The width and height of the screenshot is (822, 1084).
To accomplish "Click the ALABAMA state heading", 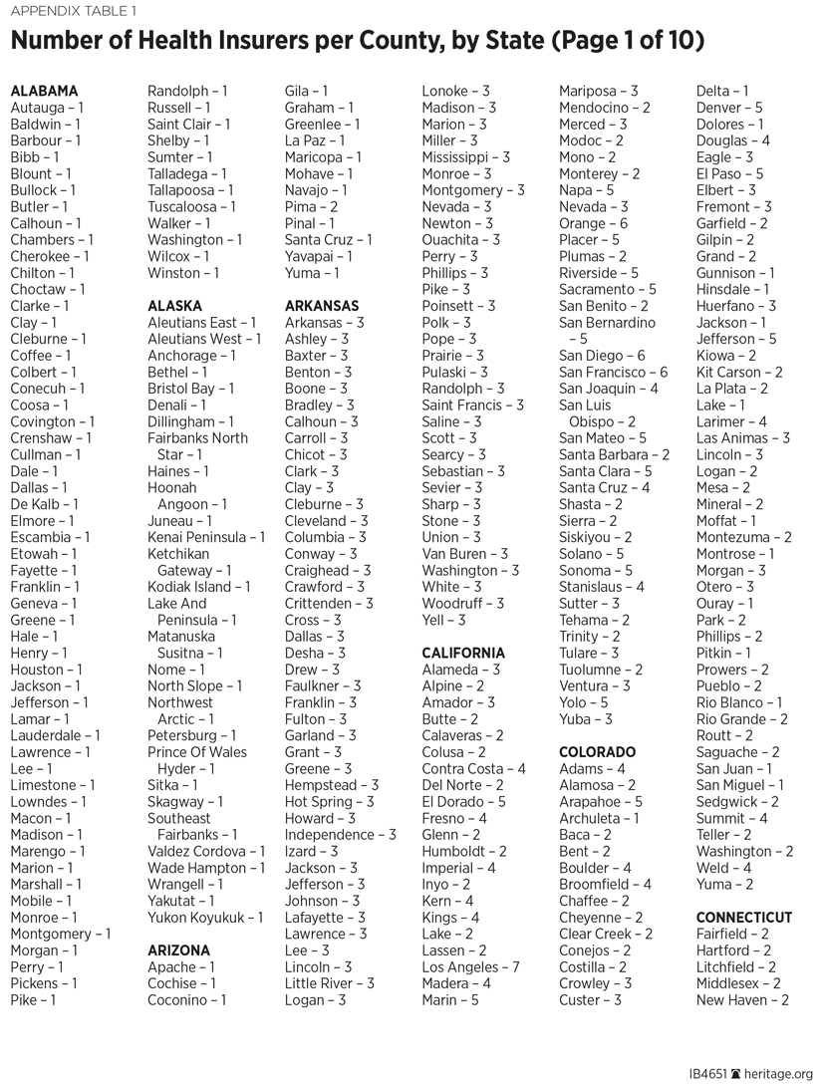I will [x=44, y=91].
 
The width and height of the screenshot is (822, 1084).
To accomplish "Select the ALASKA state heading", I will [x=174, y=306].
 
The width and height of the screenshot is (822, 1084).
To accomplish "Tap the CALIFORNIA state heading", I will [x=463, y=654].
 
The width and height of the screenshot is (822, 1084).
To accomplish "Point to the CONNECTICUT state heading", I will [x=744, y=918].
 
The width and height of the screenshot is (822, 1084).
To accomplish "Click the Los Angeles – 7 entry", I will [x=470, y=967].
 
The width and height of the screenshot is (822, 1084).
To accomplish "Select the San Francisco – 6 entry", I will [x=614, y=373].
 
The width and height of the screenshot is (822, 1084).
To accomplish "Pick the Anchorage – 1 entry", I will [x=191, y=356].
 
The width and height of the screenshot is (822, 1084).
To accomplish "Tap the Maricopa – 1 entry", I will [x=323, y=157].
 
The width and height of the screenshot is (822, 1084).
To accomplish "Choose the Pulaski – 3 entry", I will [x=454, y=373].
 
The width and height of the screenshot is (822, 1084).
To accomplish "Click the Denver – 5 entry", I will [x=729, y=108].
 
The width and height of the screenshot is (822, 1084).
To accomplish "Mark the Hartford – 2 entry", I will [x=732, y=950].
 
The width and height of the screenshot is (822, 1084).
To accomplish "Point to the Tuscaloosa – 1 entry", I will [x=191, y=207].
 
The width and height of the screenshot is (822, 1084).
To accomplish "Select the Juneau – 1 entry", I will [x=178, y=521].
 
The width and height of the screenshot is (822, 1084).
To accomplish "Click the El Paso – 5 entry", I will [x=730, y=173].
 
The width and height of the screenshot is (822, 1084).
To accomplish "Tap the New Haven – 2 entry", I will [x=742, y=1000].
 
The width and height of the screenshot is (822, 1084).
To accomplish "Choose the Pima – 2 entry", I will [x=311, y=207].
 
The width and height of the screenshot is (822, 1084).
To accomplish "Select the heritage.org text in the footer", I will [x=780, y=1074].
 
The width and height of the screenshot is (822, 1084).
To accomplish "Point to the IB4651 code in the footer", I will [x=708, y=1074].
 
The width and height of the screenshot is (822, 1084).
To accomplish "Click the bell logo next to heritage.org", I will [x=736, y=1074].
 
